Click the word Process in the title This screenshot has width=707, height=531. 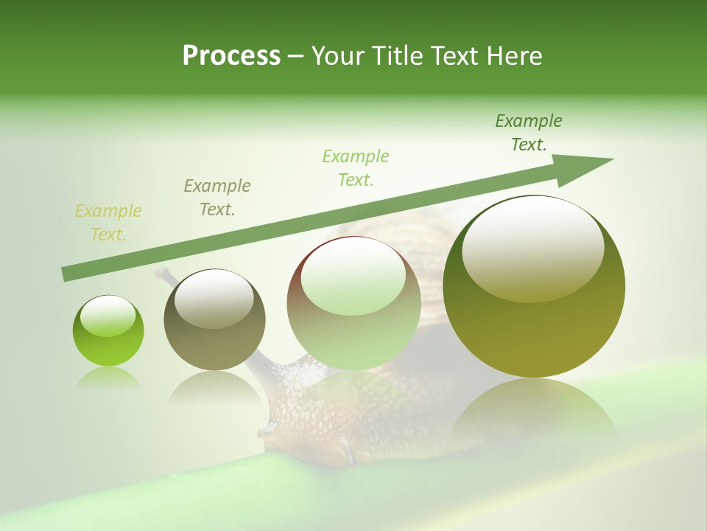click(231, 56)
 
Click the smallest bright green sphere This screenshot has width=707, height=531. click(108, 331)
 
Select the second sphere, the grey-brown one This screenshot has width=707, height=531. click(214, 320)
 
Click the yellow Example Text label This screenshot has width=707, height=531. click(108, 223)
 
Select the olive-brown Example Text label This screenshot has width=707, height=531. click(217, 198)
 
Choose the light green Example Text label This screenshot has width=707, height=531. click(356, 168)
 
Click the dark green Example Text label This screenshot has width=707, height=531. click(529, 133)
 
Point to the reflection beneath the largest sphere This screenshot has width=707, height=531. click(534, 413)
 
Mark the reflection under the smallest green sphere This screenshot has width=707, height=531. click(108, 379)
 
